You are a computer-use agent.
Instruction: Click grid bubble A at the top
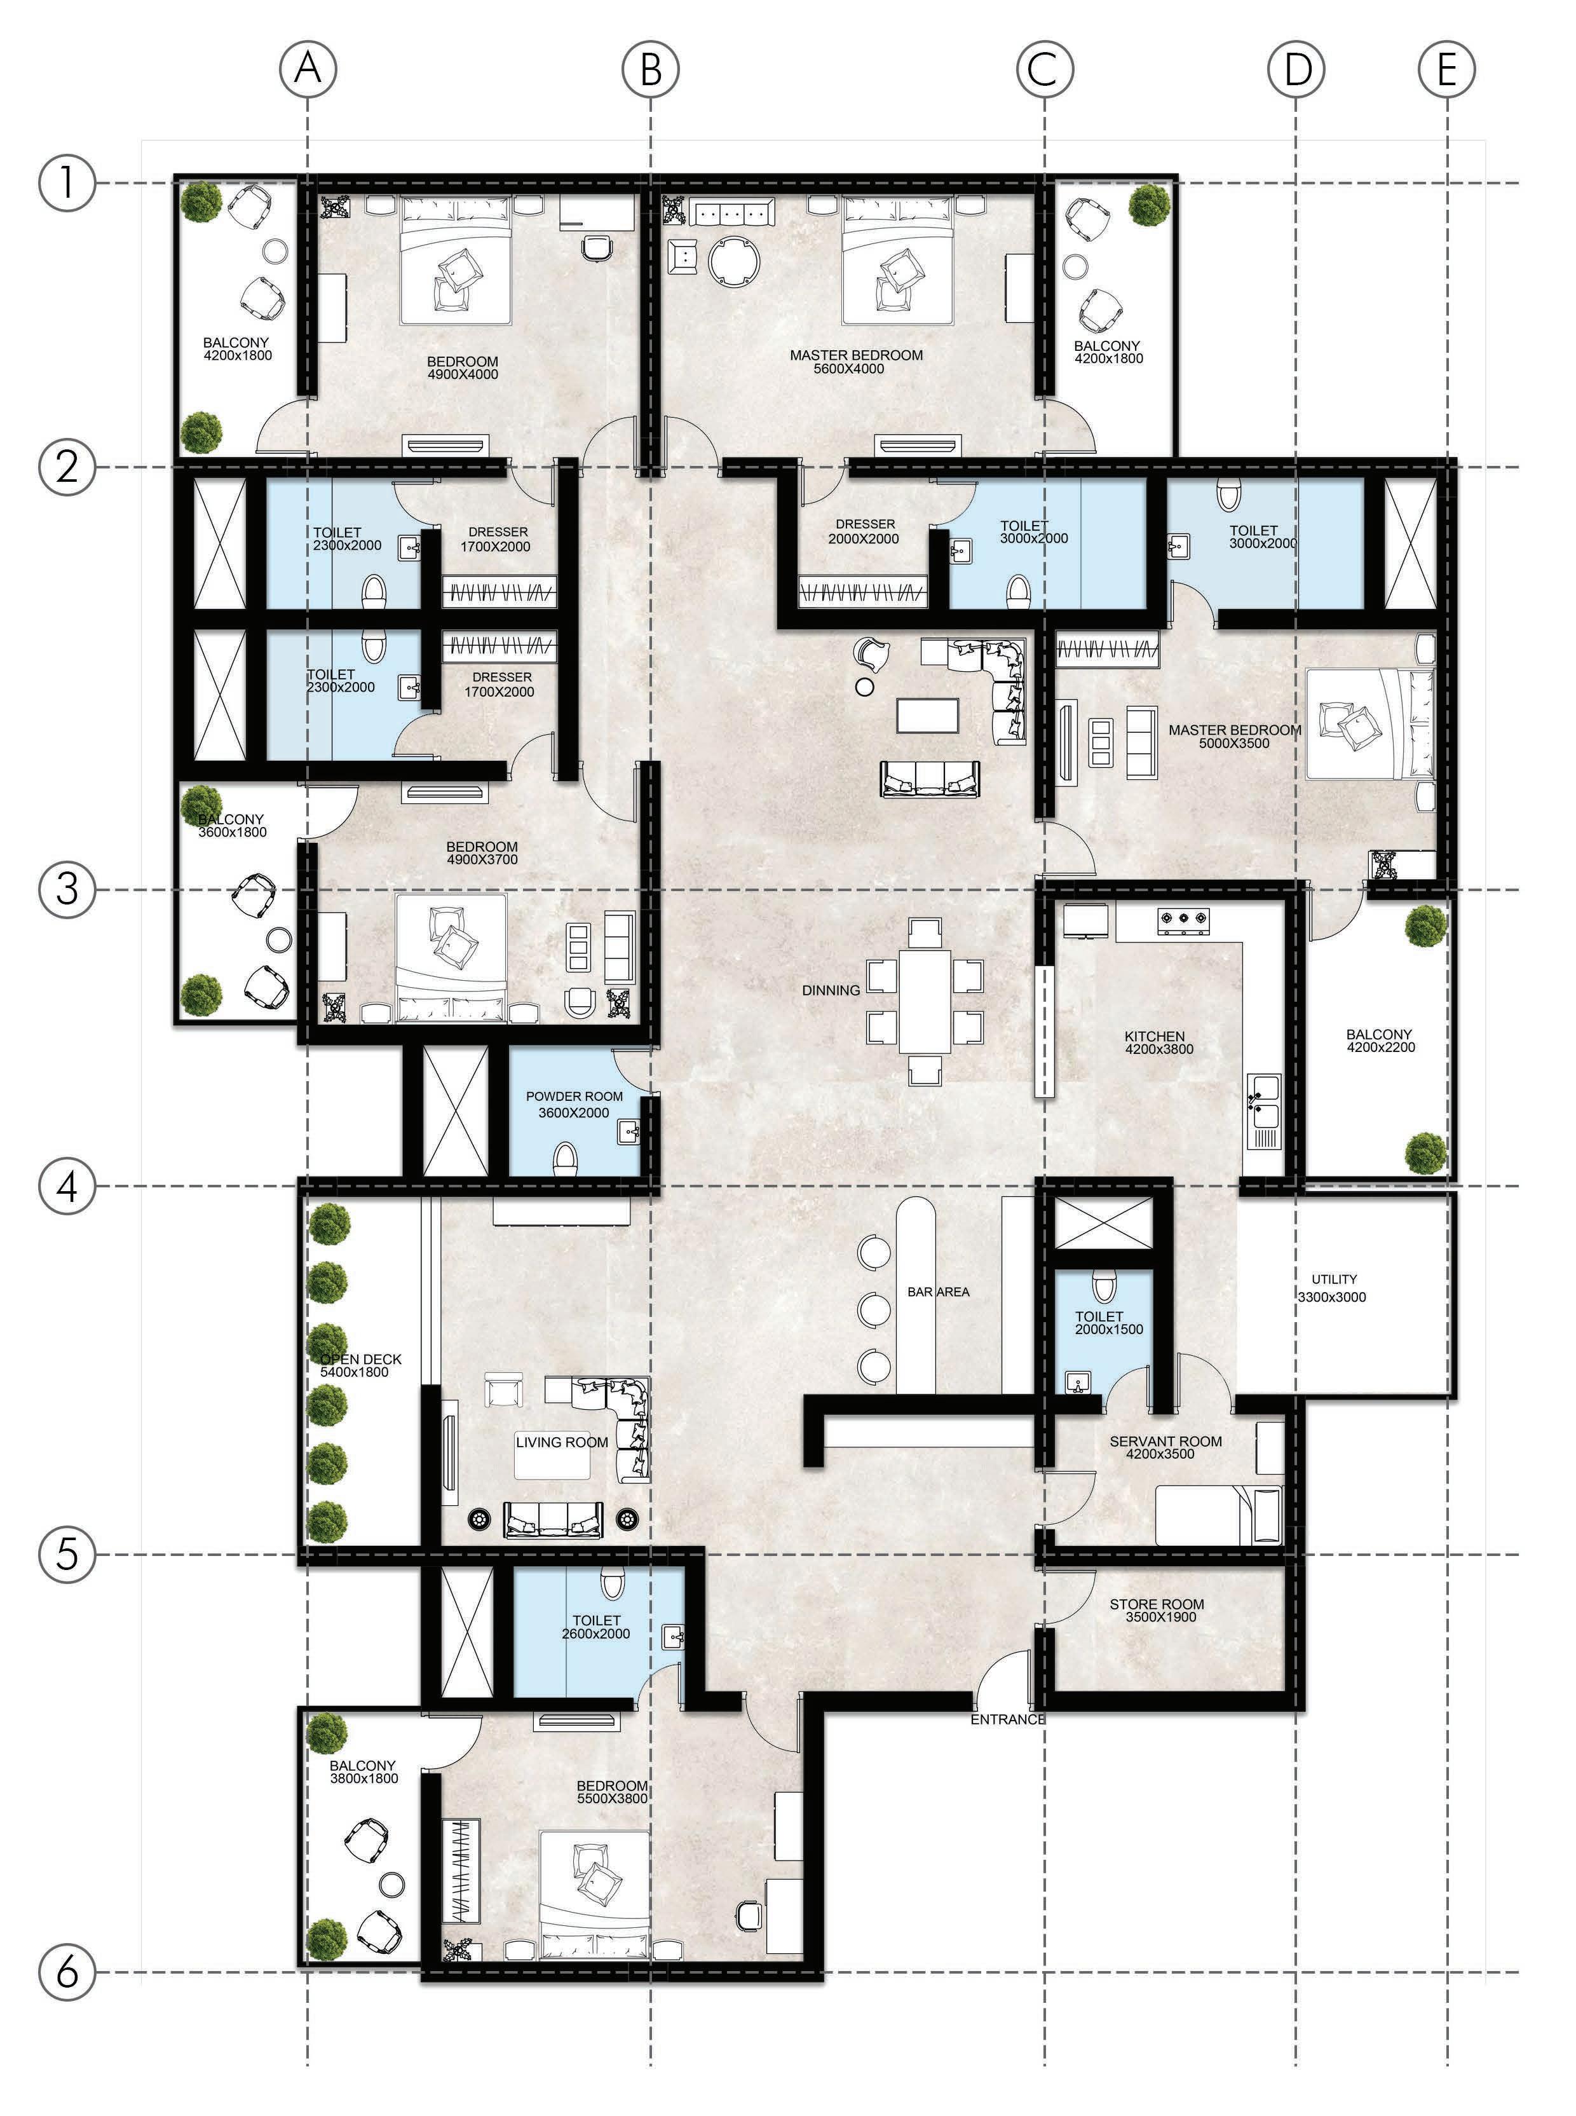307,69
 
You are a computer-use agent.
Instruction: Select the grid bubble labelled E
1446,69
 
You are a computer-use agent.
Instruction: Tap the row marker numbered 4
67,1186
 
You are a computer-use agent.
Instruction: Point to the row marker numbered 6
67,1972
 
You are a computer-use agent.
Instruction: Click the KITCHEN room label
1154,1036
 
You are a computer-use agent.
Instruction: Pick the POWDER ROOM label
574,1096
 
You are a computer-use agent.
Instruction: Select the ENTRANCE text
1007,1719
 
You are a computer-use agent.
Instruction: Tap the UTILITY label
1334,1278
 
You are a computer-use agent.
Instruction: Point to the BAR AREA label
938,1292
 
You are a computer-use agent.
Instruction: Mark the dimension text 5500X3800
611,1798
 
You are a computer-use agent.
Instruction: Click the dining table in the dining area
925,1000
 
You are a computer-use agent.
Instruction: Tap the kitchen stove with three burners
1183,920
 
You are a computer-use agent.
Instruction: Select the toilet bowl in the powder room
566,1158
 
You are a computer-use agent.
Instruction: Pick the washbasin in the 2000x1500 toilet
1078,1383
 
